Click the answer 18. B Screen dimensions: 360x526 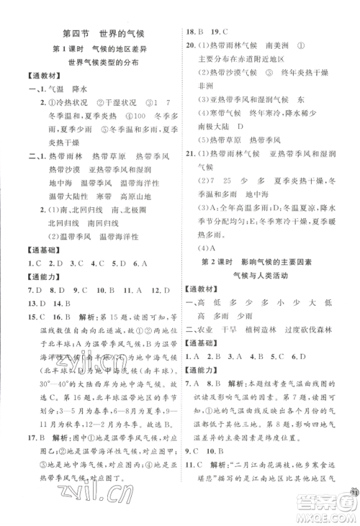click(x=194, y=32)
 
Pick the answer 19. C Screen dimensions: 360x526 click(x=219, y=32)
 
